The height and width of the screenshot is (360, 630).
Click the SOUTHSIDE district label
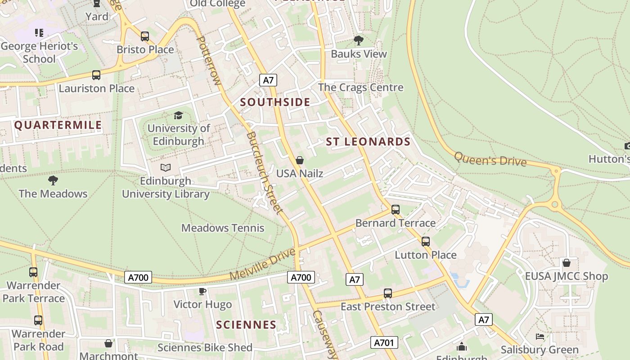click(x=275, y=102)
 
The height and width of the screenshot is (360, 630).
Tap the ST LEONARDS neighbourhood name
click(x=368, y=142)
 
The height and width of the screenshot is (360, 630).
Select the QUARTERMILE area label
click(x=58, y=125)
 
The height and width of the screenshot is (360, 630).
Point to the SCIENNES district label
click(x=246, y=324)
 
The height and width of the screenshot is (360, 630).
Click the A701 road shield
click(x=384, y=342)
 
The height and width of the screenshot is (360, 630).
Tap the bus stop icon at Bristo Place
click(x=144, y=36)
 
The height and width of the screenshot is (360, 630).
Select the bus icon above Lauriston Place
click(x=96, y=75)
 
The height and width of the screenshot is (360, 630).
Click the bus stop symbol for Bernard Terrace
click(x=395, y=210)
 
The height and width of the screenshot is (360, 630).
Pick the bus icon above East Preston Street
click(x=387, y=293)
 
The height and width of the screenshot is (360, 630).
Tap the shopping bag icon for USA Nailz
click(x=299, y=160)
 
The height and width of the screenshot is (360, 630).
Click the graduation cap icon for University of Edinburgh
click(x=178, y=116)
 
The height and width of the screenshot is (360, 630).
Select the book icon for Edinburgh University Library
click(x=166, y=168)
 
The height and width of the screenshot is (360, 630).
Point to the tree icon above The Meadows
click(x=53, y=180)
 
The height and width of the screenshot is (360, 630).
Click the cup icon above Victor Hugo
click(x=202, y=292)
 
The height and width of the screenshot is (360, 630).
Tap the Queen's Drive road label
click(x=490, y=159)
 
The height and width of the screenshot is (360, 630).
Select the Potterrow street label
click(x=210, y=61)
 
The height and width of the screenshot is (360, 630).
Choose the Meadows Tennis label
click(x=223, y=228)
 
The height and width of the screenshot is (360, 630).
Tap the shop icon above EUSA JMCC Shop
click(x=566, y=263)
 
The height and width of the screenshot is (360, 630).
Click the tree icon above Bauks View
click(x=358, y=41)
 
